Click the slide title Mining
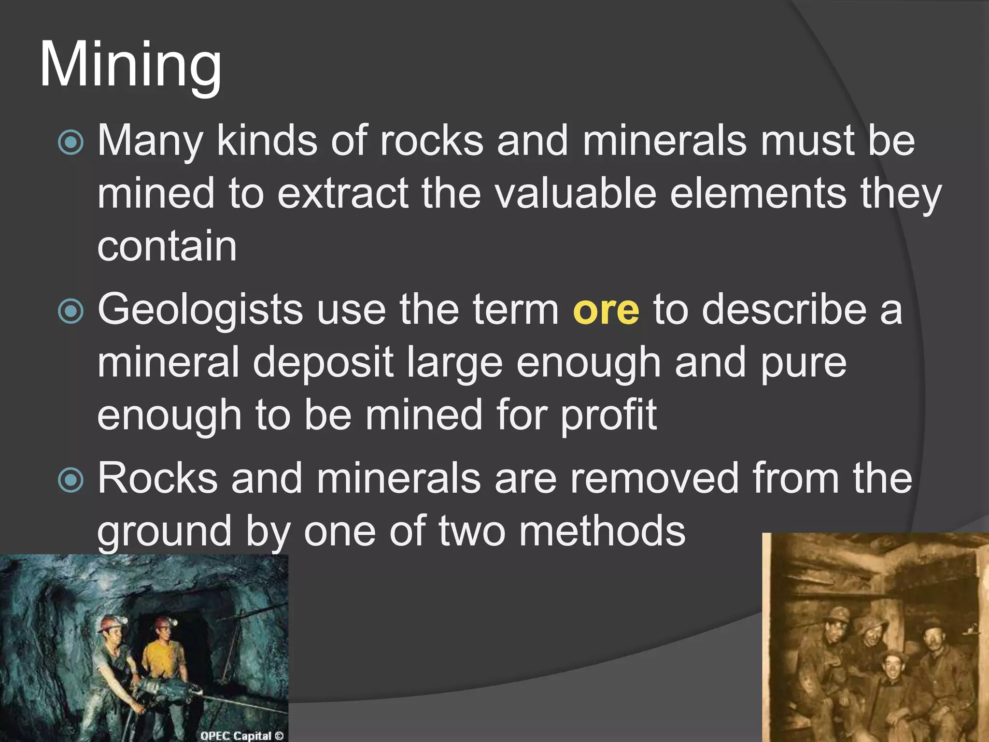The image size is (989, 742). tap(130, 65)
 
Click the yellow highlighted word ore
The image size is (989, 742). tap(606, 310)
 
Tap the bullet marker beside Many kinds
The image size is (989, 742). tap(71, 143)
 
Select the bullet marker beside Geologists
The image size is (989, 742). tap(71, 312)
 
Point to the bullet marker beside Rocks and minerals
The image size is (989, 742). tap(71, 480)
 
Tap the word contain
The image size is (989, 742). tap(167, 246)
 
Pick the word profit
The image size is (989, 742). tap(608, 415)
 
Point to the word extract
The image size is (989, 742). tap(343, 193)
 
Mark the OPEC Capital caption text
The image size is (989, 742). tap(241, 736)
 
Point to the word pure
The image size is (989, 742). tap(804, 363)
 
